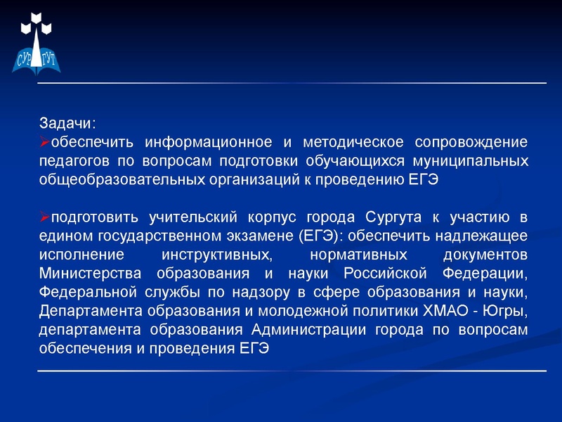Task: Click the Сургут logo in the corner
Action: tap(38, 42)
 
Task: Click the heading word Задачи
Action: tap(65, 122)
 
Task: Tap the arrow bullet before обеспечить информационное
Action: tap(44, 143)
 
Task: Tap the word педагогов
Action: tap(72, 161)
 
